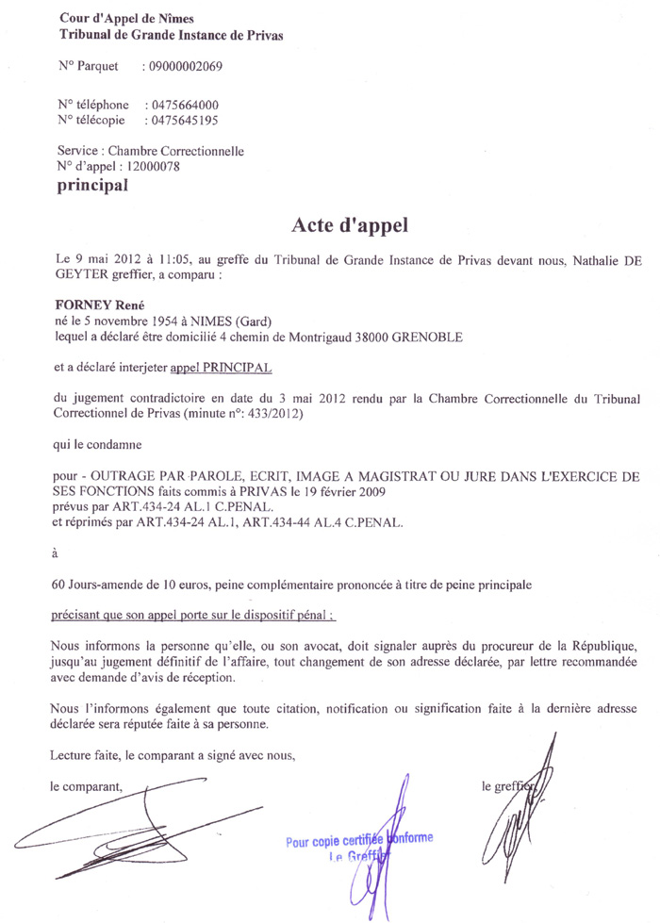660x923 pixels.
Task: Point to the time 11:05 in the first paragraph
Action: tap(138, 257)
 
